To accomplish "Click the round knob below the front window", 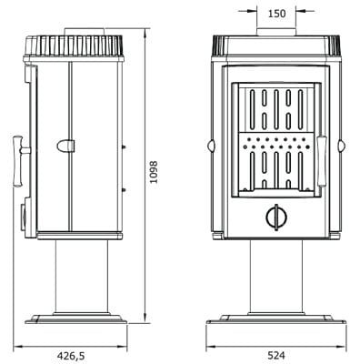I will click(275, 216).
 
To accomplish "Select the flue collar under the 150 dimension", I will click(275, 35).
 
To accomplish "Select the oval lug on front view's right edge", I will click(344, 145).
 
